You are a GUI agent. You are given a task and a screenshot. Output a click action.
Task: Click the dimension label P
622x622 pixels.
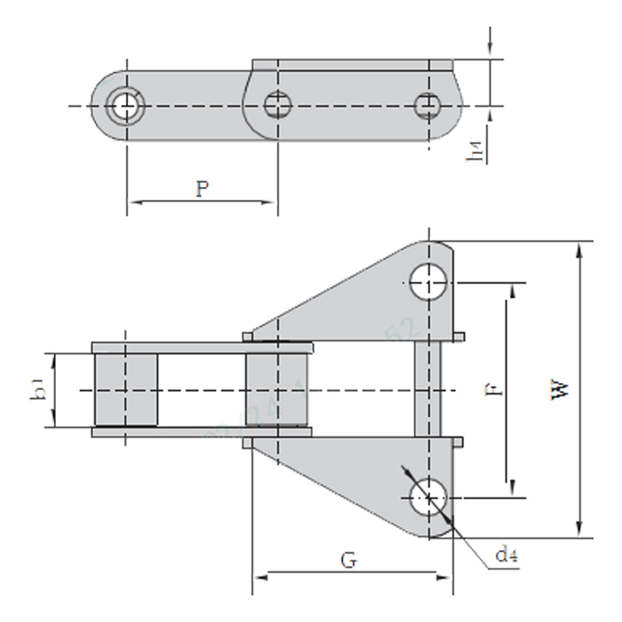203,188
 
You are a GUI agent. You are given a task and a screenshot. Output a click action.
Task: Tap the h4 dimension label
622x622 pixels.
479,153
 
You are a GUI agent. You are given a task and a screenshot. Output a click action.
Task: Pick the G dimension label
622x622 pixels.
350,561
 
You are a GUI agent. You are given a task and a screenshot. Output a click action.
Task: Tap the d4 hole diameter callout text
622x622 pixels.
506,556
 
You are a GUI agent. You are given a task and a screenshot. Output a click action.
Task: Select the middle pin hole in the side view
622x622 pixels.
278,106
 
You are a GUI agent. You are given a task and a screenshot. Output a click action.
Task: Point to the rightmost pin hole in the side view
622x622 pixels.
427,106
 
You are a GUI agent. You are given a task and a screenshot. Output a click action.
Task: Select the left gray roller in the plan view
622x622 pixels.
125,390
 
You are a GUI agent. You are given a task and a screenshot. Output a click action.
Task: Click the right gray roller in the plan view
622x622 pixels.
279,390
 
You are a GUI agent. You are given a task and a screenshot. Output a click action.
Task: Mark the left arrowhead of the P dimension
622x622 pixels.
132,203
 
